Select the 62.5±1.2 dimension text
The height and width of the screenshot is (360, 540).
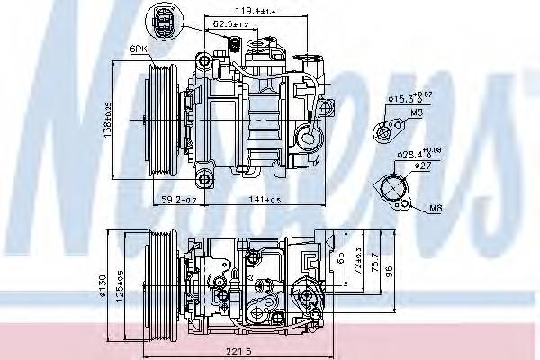232,23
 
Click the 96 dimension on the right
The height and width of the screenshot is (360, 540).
389,270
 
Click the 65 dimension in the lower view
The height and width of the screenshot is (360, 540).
339,257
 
